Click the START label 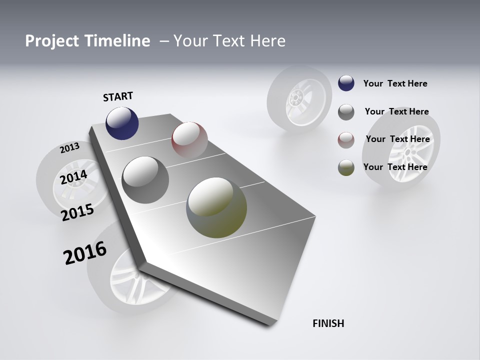(118, 96)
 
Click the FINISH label (328, 323)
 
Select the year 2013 (69, 147)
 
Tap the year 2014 (73, 177)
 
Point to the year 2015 (77, 212)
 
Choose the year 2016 (85, 252)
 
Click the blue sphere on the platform (122, 123)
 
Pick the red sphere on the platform (189, 140)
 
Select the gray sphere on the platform (145, 180)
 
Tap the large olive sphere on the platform (216, 207)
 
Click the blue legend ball (346, 83)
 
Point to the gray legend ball (346, 112)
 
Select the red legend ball (346, 139)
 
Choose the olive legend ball (346, 167)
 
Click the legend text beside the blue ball (395, 83)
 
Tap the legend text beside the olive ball (395, 167)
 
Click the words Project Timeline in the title (87, 41)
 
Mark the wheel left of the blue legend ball (298, 99)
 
